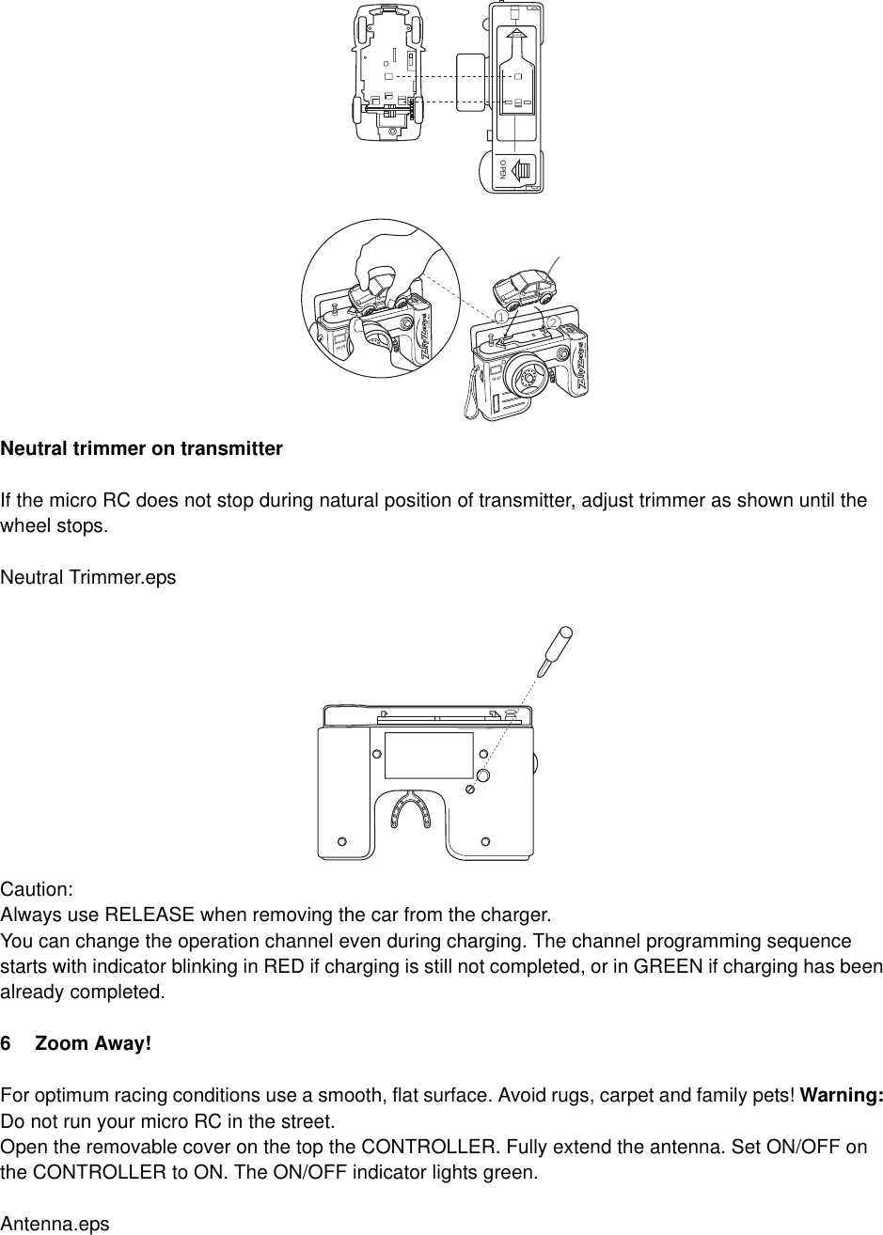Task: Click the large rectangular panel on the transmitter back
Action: tap(429, 755)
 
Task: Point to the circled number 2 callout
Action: tap(553, 323)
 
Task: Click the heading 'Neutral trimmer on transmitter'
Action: tap(141, 448)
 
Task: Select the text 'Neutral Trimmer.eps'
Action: tap(87, 577)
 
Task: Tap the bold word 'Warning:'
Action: tap(841, 1096)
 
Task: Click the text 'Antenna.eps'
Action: tap(55, 1225)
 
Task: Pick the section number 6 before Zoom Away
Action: tap(7, 1044)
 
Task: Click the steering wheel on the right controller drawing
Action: tap(524, 379)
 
